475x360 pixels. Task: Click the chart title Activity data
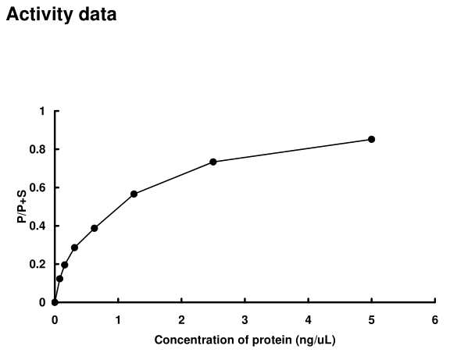pyautogui.click(x=62, y=15)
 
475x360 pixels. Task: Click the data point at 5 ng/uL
pyautogui.click(x=371, y=139)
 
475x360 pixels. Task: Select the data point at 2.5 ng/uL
pyautogui.click(x=213, y=162)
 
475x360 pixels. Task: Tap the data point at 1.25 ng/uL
pyautogui.click(x=134, y=194)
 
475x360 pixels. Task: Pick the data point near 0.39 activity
pyautogui.click(x=95, y=228)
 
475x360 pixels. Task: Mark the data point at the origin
pyautogui.click(x=55, y=302)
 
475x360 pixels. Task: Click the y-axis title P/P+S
pyautogui.click(x=23, y=207)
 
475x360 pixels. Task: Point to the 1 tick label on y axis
pyautogui.click(x=42, y=111)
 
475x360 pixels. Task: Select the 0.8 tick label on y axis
pyautogui.click(x=39, y=149)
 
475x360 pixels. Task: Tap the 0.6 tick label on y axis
pyautogui.click(x=39, y=187)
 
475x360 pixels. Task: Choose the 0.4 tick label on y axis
pyautogui.click(x=39, y=226)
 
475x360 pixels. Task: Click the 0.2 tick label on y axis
pyautogui.click(x=39, y=264)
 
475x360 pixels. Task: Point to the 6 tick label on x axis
pyautogui.click(x=434, y=319)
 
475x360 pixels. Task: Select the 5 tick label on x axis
pyautogui.click(x=371, y=319)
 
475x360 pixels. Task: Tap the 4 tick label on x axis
pyautogui.click(x=308, y=319)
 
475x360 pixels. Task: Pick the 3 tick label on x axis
pyautogui.click(x=245, y=319)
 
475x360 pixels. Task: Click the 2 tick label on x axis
pyautogui.click(x=181, y=319)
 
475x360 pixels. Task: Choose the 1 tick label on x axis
pyautogui.click(x=118, y=319)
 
